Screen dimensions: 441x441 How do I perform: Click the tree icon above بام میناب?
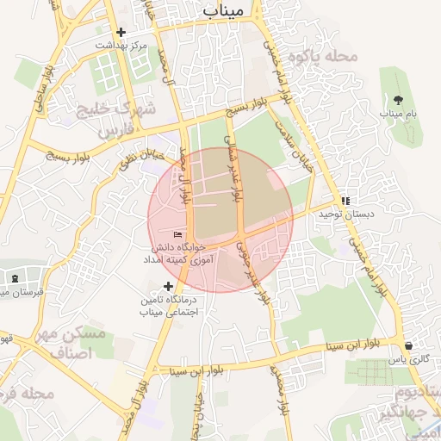[x=396, y=101]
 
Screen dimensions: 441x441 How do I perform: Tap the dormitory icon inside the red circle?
[x=178, y=234]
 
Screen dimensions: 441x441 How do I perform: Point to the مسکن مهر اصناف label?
[x=76, y=343]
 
